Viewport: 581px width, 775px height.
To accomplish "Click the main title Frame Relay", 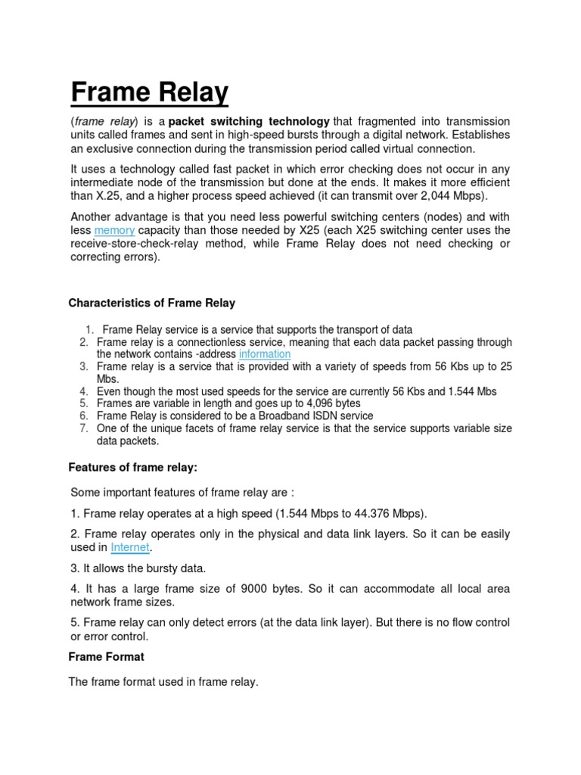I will coord(149,93).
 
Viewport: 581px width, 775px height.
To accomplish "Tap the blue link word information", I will coord(265,354).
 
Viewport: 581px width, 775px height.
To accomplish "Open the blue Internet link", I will coord(131,547).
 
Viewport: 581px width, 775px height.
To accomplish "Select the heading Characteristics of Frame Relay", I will coord(152,303).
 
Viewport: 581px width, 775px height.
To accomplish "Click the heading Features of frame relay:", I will coord(133,468).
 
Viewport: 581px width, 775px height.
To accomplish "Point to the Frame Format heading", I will coord(106,657).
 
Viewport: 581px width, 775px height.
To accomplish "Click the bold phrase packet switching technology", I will coord(249,122).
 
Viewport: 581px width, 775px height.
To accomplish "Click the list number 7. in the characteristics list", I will coord(84,428).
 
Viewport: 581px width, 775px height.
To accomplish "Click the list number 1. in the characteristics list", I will coord(89,330).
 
